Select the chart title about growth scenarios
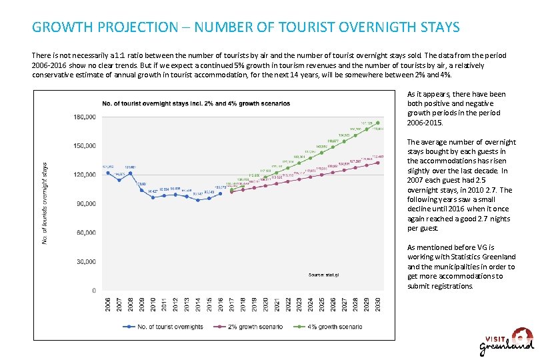click(x=196, y=103)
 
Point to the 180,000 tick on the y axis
click(x=85, y=117)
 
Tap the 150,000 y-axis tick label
click(x=85, y=145)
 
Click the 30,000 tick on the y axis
click(x=86, y=261)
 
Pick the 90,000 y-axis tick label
click(x=86, y=203)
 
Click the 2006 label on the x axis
click(x=108, y=305)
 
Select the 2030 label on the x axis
click(x=378, y=305)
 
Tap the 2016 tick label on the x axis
click(x=221, y=305)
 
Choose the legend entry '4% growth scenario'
click(x=335, y=327)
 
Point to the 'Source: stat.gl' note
click(x=325, y=275)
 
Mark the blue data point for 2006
click(x=108, y=173)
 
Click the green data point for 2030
click(x=378, y=123)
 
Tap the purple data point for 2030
click(x=378, y=163)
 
